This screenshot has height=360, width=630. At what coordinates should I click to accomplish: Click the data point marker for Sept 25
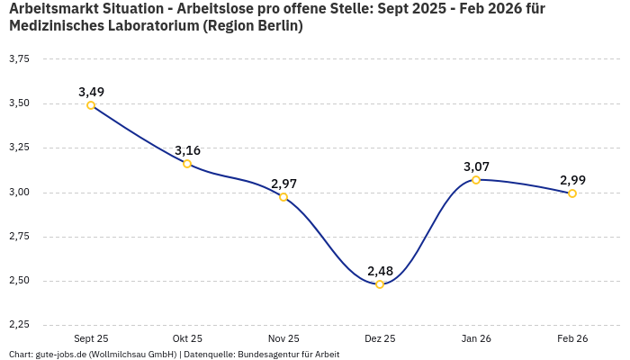click(91, 105)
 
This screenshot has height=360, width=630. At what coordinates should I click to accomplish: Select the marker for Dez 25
click(380, 284)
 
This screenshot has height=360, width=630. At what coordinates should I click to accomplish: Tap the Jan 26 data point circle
click(476, 180)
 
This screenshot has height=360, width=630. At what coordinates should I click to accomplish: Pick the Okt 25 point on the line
click(187, 164)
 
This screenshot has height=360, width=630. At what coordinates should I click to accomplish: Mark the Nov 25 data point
click(283, 197)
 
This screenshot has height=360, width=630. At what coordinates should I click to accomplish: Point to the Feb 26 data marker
click(572, 193)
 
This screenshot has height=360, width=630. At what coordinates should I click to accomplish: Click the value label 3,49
click(91, 92)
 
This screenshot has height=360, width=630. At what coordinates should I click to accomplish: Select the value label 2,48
click(380, 271)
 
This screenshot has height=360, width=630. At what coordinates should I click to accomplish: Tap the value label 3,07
click(476, 166)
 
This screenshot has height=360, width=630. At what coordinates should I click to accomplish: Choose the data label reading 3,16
click(187, 150)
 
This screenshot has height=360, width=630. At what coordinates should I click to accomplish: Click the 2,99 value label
click(572, 180)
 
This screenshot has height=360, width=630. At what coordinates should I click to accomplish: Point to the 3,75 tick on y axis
click(19, 59)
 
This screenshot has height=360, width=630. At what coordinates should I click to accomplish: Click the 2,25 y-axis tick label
click(19, 325)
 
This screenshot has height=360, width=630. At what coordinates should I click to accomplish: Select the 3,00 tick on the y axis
click(19, 193)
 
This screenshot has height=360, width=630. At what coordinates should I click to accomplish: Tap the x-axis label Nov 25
click(283, 338)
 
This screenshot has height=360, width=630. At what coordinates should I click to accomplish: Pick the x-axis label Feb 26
click(572, 338)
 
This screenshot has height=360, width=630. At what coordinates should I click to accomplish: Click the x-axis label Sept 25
click(91, 338)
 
